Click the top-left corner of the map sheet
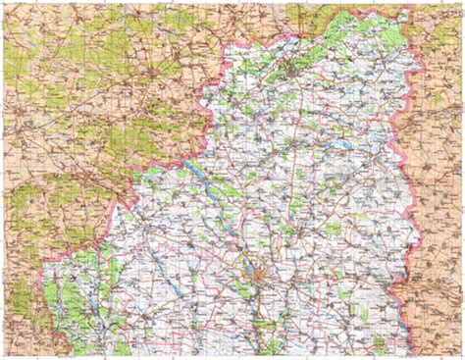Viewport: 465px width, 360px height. (x=3, y=3)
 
